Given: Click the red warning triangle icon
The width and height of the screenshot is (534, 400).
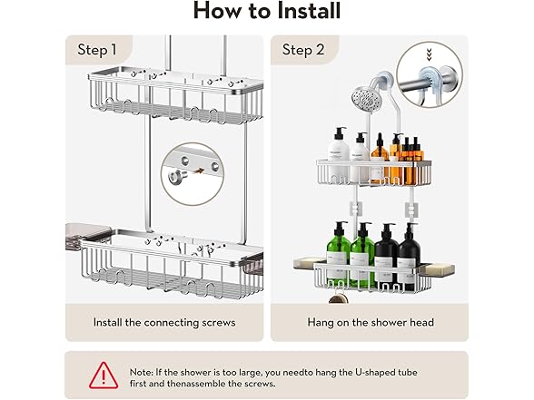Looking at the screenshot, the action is pos(104,376).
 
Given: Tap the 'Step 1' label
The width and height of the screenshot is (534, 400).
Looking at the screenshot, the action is pos(97,50).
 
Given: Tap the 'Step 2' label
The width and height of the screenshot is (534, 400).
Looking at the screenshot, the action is pos(302,50).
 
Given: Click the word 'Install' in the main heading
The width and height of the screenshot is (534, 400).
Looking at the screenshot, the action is pos(308,11).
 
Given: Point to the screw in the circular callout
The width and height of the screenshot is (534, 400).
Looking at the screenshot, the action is pos(178,176).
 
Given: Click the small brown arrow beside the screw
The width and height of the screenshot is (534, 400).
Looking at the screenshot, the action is pos(198,171).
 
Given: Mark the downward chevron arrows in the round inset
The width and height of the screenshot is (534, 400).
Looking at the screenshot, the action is pos(429,55).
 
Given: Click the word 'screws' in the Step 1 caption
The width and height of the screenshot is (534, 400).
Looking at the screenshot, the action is pos(218,323).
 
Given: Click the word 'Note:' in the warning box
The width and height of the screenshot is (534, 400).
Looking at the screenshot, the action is pos(142,372).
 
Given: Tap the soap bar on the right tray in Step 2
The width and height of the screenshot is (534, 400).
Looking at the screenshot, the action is pos(438,268).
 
